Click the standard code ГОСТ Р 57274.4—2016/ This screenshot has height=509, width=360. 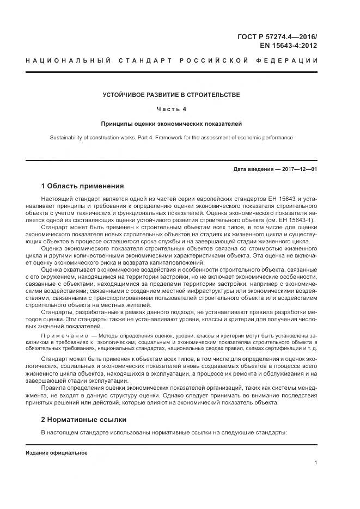coord(277,36)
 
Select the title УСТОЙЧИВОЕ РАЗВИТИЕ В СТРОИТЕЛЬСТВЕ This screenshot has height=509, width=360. coord(171,95)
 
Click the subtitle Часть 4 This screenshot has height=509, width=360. coord(172,109)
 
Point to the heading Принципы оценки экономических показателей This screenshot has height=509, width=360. coord(171,124)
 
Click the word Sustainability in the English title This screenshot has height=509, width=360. coord(67,138)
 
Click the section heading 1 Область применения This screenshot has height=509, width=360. coord(82,186)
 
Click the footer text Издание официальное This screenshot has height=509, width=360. coord(57,452)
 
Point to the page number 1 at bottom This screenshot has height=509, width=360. coord(315,463)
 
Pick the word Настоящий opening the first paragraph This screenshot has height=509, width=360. coord(57,200)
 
